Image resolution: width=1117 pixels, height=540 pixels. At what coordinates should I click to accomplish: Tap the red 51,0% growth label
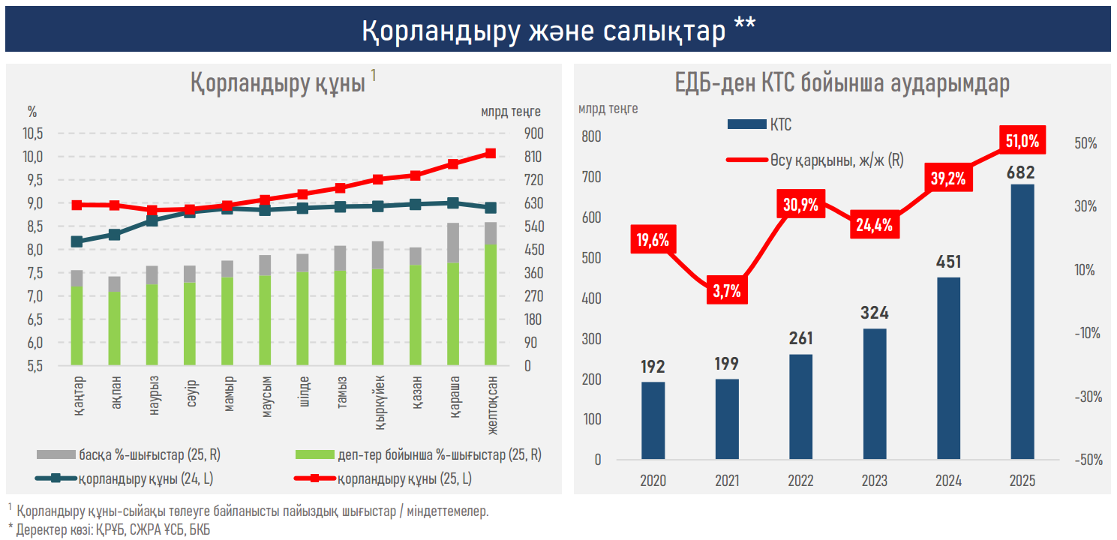[1022, 140]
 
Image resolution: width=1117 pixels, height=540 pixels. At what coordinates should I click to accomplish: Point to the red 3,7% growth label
[726, 291]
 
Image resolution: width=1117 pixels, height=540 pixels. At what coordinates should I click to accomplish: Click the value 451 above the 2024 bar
[948, 262]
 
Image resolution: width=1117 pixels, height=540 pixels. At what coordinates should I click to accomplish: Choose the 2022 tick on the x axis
[800, 481]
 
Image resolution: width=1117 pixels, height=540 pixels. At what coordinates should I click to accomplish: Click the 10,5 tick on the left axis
[34, 133]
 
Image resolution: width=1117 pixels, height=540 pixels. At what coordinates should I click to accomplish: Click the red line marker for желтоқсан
[491, 153]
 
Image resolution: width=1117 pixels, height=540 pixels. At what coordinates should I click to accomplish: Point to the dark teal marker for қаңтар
[77, 241]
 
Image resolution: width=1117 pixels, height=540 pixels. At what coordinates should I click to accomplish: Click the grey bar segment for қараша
[453, 242]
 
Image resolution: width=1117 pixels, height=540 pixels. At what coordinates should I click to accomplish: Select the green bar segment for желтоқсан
[491, 304]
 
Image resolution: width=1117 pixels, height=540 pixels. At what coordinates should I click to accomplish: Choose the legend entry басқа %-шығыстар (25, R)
[128, 454]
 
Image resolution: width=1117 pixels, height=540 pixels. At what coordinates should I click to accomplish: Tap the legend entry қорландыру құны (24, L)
[128, 478]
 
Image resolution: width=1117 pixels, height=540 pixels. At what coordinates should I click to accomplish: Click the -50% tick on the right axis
[1085, 460]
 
